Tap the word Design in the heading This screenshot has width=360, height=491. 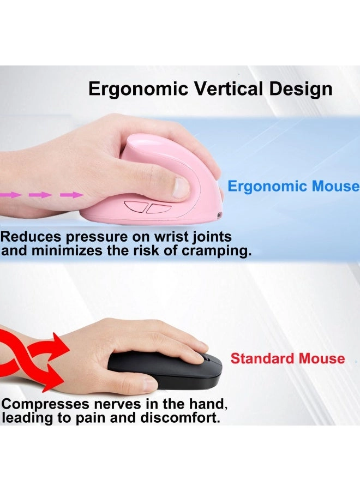pyautogui.click(x=299, y=88)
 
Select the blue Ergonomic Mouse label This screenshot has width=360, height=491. pyautogui.click(x=293, y=186)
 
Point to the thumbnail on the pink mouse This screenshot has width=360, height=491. pyautogui.click(x=181, y=188)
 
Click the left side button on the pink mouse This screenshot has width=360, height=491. pyautogui.click(x=134, y=207)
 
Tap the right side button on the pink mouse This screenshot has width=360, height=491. pyautogui.click(x=158, y=208)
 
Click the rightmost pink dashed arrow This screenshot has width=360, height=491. pyautogui.click(x=71, y=194)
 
